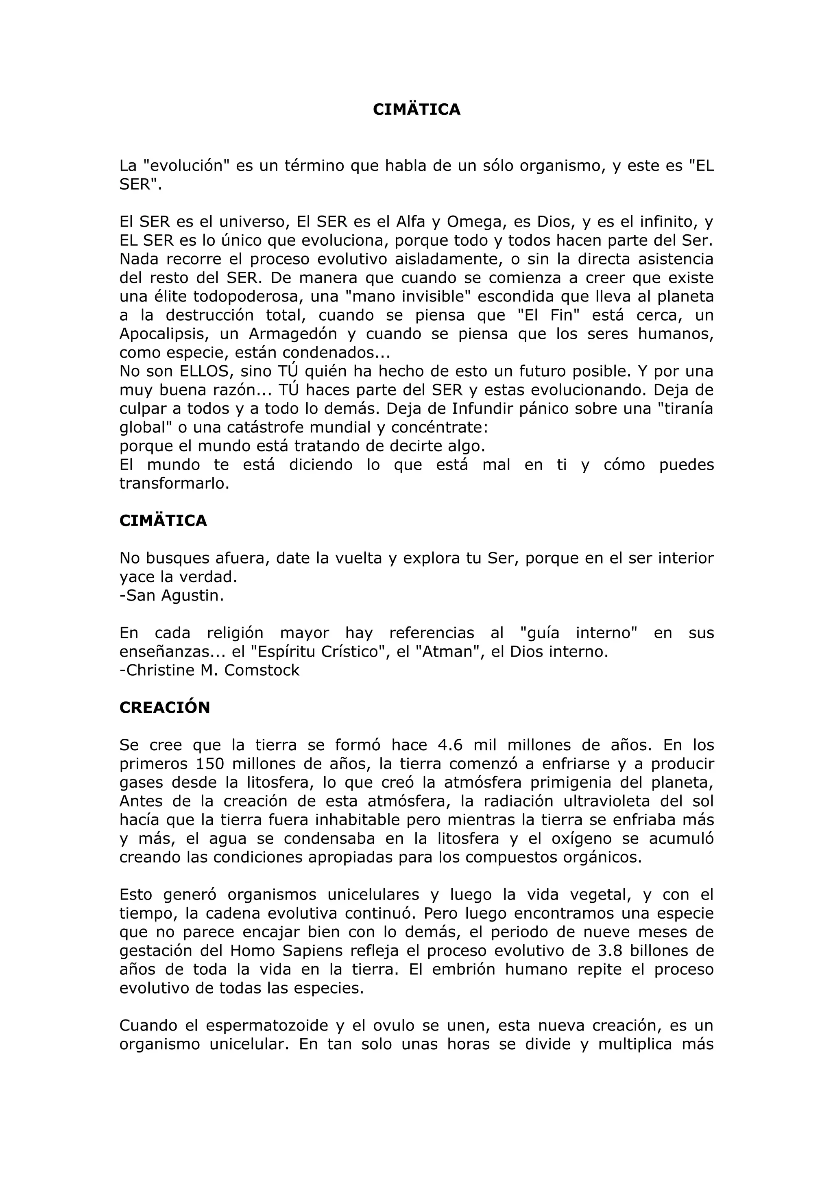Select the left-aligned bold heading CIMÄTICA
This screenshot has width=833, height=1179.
pos(163,521)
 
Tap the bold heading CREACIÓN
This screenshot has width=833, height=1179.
pos(164,707)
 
